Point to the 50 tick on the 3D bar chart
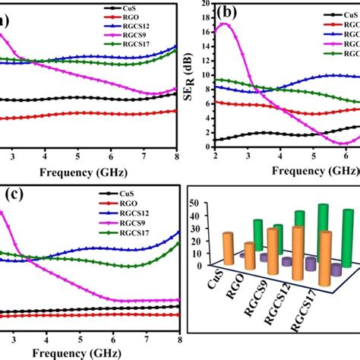[195, 203]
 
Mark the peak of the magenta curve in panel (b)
[223, 24]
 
